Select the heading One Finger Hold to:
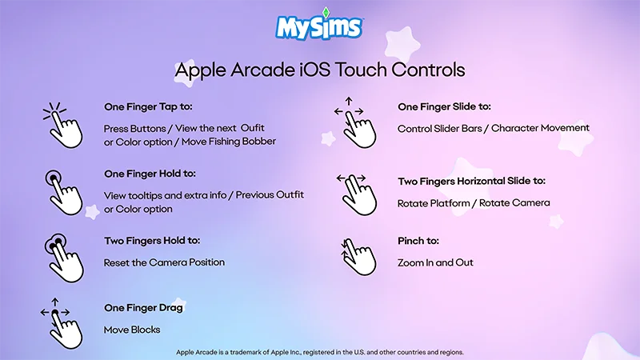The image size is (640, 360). [150, 174]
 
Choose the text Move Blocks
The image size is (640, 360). [132, 330]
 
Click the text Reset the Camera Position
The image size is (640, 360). [164, 262]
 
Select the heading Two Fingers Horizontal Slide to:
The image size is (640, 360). [471, 181]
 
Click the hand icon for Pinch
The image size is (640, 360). [357, 254]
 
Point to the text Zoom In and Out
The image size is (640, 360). [435, 262]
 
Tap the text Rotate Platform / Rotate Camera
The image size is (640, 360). [474, 203]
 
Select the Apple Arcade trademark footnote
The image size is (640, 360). [319, 352]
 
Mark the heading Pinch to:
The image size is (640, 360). [418, 241]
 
